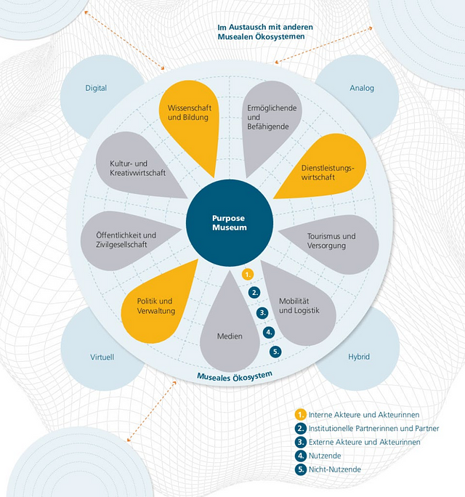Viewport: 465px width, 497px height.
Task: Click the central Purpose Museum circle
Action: point(229,222)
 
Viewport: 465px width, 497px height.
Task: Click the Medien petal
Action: point(230,334)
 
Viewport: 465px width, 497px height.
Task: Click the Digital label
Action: point(96,89)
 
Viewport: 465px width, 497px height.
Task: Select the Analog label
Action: point(361,89)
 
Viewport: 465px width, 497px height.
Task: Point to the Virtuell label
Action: point(102,357)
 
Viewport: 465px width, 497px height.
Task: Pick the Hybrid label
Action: point(358,357)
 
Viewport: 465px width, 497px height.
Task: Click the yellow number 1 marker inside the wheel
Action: point(248,275)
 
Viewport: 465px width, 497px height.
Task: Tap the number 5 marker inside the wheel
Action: point(275,352)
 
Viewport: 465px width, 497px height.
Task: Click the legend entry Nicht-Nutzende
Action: point(335,469)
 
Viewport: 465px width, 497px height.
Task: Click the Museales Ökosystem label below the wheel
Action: point(235,375)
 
